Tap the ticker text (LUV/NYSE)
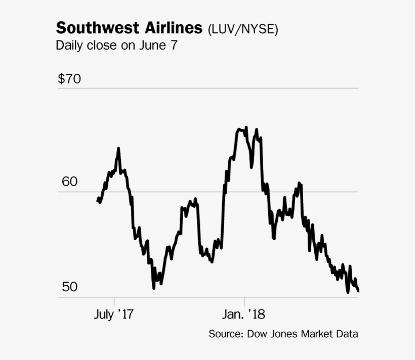[x=242, y=29]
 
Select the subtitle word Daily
[x=68, y=46]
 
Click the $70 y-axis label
[x=69, y=79]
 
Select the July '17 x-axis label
[x=113, y=314]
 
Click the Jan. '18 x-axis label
[x=244, y=314]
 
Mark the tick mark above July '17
[x=114, y=300]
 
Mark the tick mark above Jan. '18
[x=244, y=300]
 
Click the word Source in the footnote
[x=225, y=334]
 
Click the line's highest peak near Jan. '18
[x=246, y=127]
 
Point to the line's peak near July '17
[x=118, y=149]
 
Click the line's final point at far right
[x=358, y=291]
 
